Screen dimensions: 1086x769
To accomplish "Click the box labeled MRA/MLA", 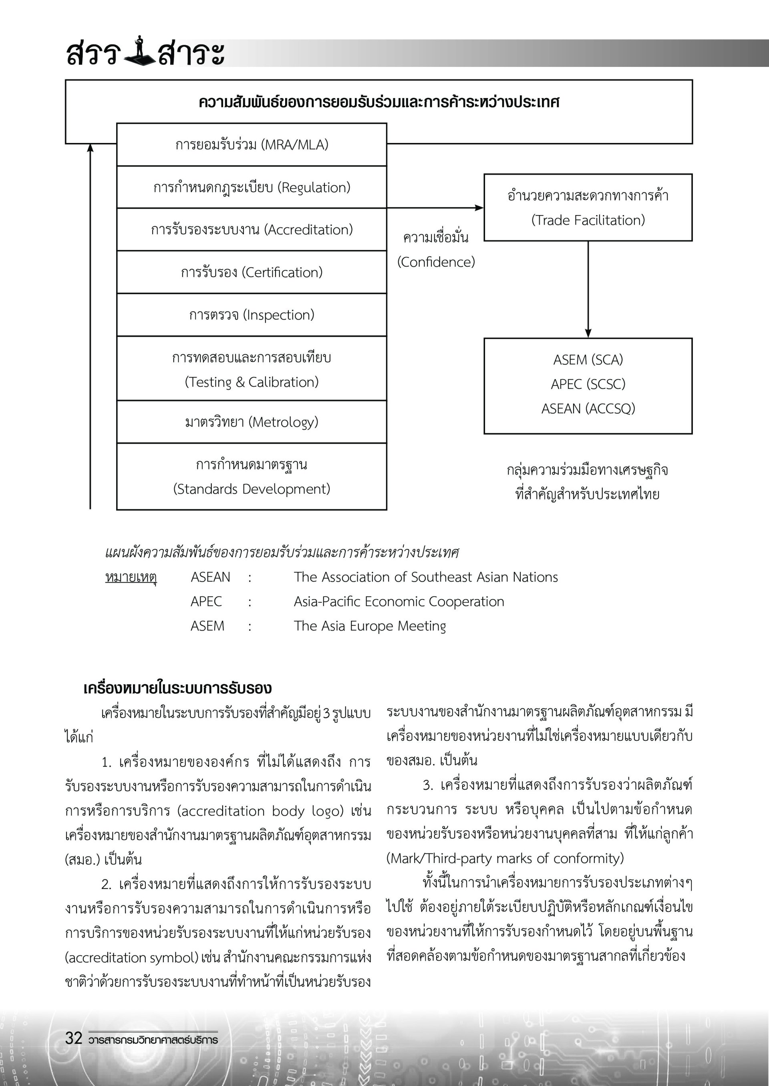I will pyautogui.click(x=252, y=145).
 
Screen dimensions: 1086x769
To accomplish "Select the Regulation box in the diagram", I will pyautogui.click(x=252, y=187).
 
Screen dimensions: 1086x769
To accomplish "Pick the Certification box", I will pyautogui.click(x=252, y=273).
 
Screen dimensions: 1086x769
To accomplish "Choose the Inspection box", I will pyautogui.click(x=252, y=315).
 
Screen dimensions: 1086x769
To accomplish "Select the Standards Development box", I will pyautogui.click(x=252, y=477).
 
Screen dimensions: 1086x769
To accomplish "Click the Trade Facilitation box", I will pyautogui.click(x=588, y=208).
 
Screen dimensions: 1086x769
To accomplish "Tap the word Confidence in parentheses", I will pyautogui.click(x=436, y=262).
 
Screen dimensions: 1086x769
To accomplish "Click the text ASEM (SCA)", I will pyautogui.click(x=588, y=360).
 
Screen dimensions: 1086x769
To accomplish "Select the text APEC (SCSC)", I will pyautogui.click(x=588, y=384).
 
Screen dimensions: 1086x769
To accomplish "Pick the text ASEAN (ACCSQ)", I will pyautogui.click(x=588, y=408).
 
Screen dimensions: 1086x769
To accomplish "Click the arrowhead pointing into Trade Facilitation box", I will pyautogui.click(x=479, y=208).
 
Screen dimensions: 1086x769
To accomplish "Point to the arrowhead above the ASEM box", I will pyautogui.click(x=588, y=333).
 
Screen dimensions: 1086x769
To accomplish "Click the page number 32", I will pyautogui.click(x=74, y=1038).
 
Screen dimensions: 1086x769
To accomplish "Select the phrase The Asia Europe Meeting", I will pyautogui.click(x=370, y=626).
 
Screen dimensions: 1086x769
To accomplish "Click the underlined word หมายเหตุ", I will pyautogui.click(x=131, y=577).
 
